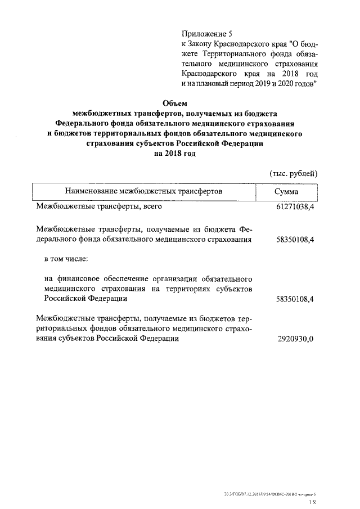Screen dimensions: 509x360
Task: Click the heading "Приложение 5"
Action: click(x=205, y=33)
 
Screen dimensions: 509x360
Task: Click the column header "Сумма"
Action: click(x=286, y=192)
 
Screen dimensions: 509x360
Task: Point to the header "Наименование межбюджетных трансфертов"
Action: click(x=143, y=192)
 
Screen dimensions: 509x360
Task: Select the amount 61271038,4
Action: click(x=291, y=208)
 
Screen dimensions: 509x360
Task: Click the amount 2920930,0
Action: click(x=295, y=339)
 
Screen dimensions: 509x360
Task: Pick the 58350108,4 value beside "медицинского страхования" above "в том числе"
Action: click(x=291, y=240)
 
